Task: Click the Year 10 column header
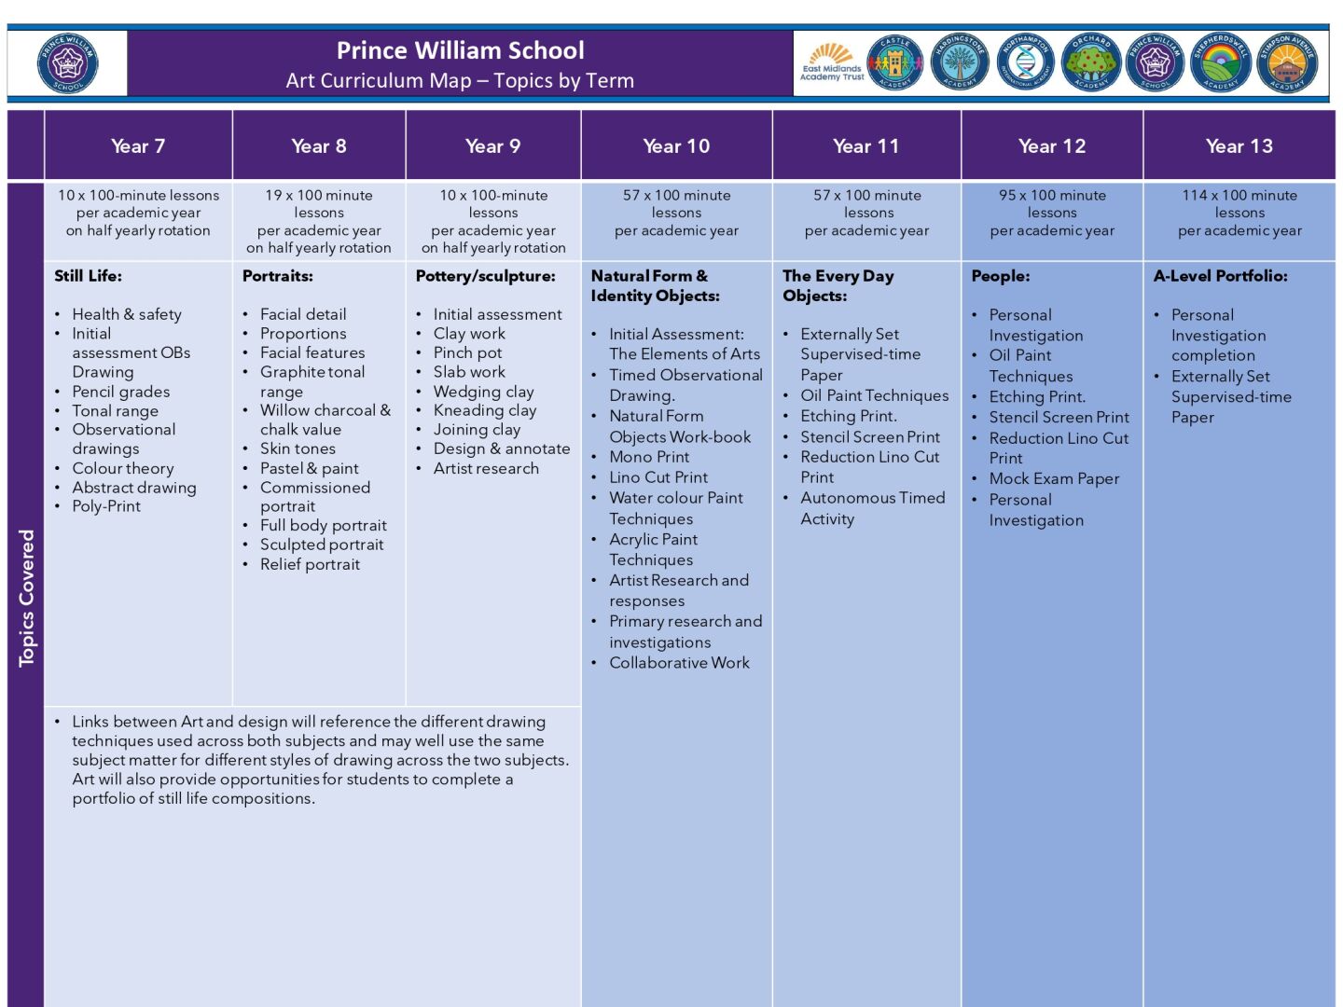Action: [676, 146]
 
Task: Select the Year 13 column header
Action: [1239, 146]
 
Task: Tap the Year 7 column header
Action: [138, 146]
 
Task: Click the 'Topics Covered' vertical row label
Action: [26, 597]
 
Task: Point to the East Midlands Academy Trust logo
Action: [831, 64]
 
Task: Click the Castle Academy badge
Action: [895, 64]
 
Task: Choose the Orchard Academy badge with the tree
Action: [1090, 64]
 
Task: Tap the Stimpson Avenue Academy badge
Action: [1287, 64]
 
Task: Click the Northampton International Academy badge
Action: [1026, 64]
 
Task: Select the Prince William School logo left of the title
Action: [67, 64]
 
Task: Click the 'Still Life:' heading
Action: [88, 276]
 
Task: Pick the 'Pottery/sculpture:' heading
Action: [485, 276]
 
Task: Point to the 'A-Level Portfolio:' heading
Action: [1220, 276]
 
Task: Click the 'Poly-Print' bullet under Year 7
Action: [106, 506]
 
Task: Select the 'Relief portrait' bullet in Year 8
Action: [310, 564]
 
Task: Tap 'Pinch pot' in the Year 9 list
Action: [467, 352]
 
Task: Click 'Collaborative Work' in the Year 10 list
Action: [679, 663]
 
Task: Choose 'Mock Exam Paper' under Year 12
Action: [1054, 478]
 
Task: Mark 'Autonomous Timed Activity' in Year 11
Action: [872, 508]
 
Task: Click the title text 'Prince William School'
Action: [460, 50]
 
